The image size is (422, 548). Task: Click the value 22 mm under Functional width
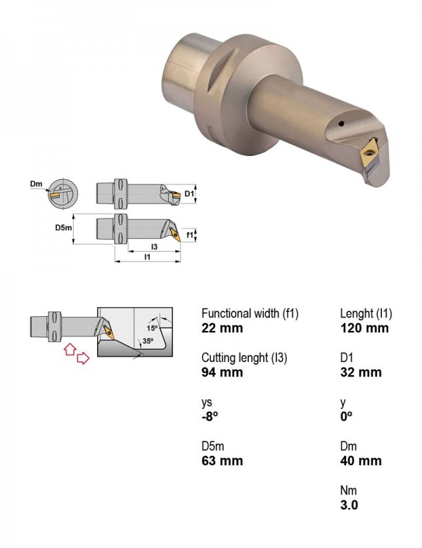click(x=222, y=328)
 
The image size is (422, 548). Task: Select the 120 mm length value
click(x=364, y=328)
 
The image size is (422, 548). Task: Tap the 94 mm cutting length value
click(x=222, y=372)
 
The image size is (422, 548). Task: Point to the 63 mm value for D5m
click(x=222, y=461)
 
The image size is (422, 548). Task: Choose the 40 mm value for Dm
click(x=361, y=461)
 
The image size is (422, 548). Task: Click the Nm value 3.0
click(x=349, y=505)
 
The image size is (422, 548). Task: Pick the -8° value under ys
click(x=210, y=416)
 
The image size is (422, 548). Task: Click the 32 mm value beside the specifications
click(x=361, y=372)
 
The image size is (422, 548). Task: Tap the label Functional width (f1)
click(x=250, y=313)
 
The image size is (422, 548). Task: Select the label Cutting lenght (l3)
click(x=244, y=358)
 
